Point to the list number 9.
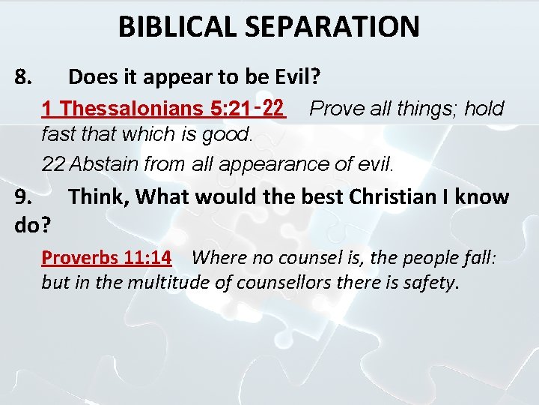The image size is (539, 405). pyautogui.click(x=23, y=197)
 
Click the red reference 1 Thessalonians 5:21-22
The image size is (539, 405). pyautogui.click(x=164, y=109)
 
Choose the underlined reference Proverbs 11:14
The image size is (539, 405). pyautogui.click(x=106, y=258)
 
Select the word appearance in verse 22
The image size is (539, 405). pyautogui.click(x=263, y=164)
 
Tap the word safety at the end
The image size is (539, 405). pyautogui.click(x=432, y=284)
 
